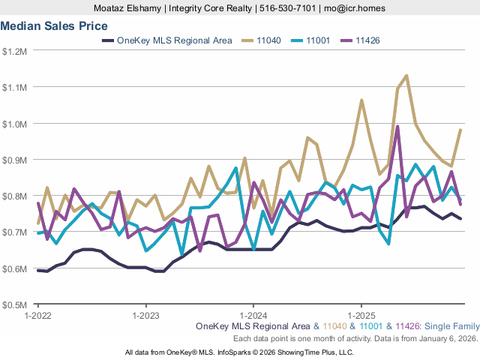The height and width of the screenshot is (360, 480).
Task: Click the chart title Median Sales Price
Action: [x=54, y=25]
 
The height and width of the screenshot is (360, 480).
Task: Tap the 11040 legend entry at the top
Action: [x=268, y=40]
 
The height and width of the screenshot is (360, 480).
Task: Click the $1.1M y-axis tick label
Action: [x=15, y=87]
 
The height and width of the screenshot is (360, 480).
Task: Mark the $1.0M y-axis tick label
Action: [x=15, y=124]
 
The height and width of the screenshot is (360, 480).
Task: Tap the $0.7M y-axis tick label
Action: [x=15, y=232]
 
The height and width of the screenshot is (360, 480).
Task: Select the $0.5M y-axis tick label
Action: [x=15, y=305]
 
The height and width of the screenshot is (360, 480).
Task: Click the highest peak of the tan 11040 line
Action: [x=406, y=75]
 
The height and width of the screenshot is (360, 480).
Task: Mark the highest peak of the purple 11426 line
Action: [x=397, y=126]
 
